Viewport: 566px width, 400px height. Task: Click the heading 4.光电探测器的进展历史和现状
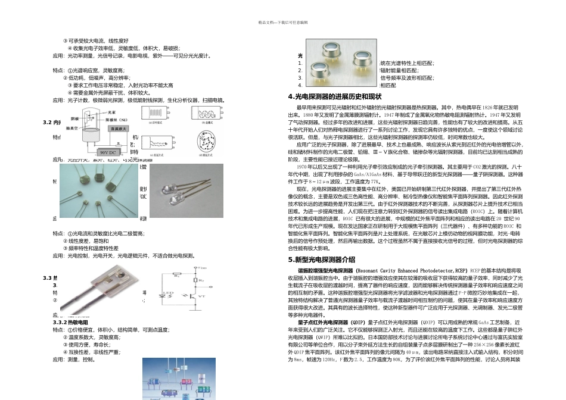click(x=334, y=96)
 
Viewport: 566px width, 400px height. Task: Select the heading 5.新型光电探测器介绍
click(x=322, y=260)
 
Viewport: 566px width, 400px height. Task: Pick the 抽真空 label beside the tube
click(x=73, y=127)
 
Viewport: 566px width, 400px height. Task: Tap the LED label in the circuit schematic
click(x=168, y=292)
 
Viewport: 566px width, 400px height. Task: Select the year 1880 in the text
click(x=308, y=115)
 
